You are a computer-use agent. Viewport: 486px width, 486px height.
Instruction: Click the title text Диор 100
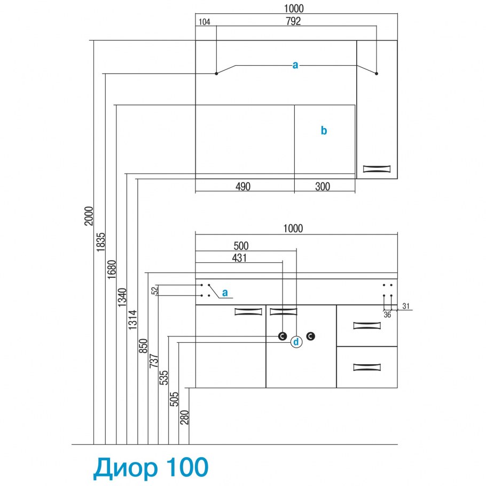[151, 467]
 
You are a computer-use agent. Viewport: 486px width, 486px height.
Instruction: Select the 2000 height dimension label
[89, 216]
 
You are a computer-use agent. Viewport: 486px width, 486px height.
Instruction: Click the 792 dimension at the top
[293, 21]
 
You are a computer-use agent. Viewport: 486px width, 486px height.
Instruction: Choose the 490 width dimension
[243, 186]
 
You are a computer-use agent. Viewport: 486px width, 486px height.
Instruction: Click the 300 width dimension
[323, 186]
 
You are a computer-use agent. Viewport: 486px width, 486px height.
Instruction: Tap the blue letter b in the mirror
[324, 130]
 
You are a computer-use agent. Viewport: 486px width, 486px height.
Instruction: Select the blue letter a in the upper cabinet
[295, 65]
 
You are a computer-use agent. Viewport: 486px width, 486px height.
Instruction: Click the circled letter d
[296, 342]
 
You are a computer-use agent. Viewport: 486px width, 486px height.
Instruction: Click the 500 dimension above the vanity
[241, 246]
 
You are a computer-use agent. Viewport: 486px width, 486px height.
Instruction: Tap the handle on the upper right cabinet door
[377, 169]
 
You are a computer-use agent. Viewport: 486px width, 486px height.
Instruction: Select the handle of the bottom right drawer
[366, 367]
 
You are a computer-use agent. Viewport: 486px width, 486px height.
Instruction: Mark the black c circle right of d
[311, 336]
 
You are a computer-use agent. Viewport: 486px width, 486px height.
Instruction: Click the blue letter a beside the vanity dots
[225, 293]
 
